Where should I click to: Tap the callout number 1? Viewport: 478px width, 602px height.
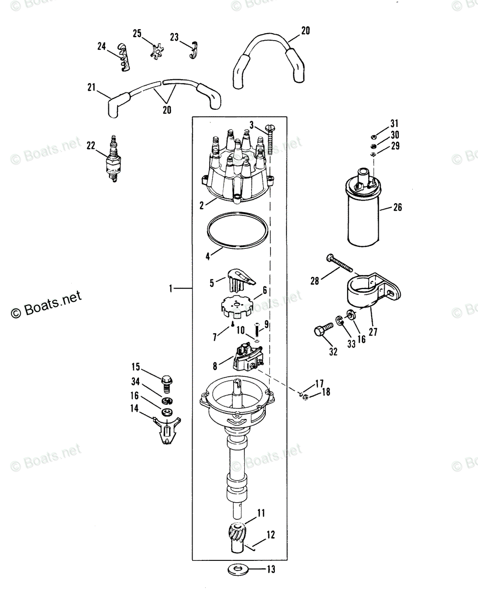coord(171,288)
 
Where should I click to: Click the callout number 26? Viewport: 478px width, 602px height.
coord(397,207)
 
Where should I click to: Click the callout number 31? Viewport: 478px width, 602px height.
coord(394,124)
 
